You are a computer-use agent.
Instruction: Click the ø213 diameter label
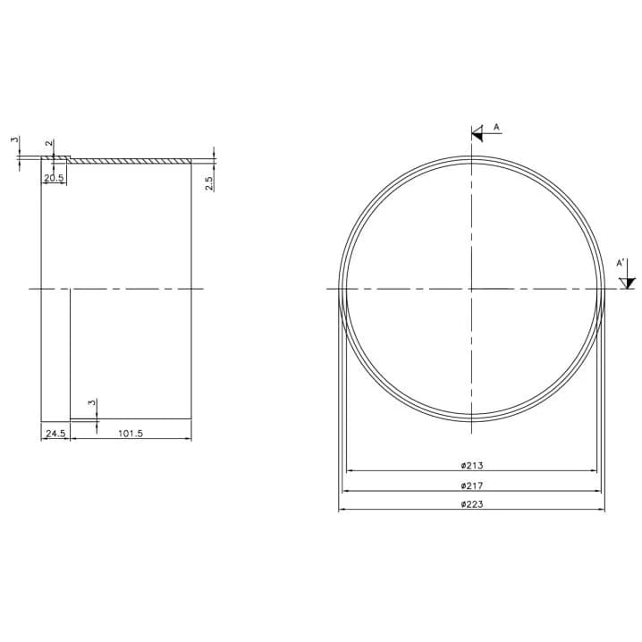472,466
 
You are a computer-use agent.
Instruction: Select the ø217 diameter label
472,486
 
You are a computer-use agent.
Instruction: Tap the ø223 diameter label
472,504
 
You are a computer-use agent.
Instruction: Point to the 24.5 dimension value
55,433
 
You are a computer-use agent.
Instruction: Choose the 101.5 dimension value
131,433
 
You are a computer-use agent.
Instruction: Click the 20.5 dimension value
54,178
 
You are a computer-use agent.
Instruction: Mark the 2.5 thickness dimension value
209,183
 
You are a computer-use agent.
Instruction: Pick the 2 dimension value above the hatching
49,143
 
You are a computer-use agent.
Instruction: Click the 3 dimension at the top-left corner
14,139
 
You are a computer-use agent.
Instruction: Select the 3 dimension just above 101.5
92,402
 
